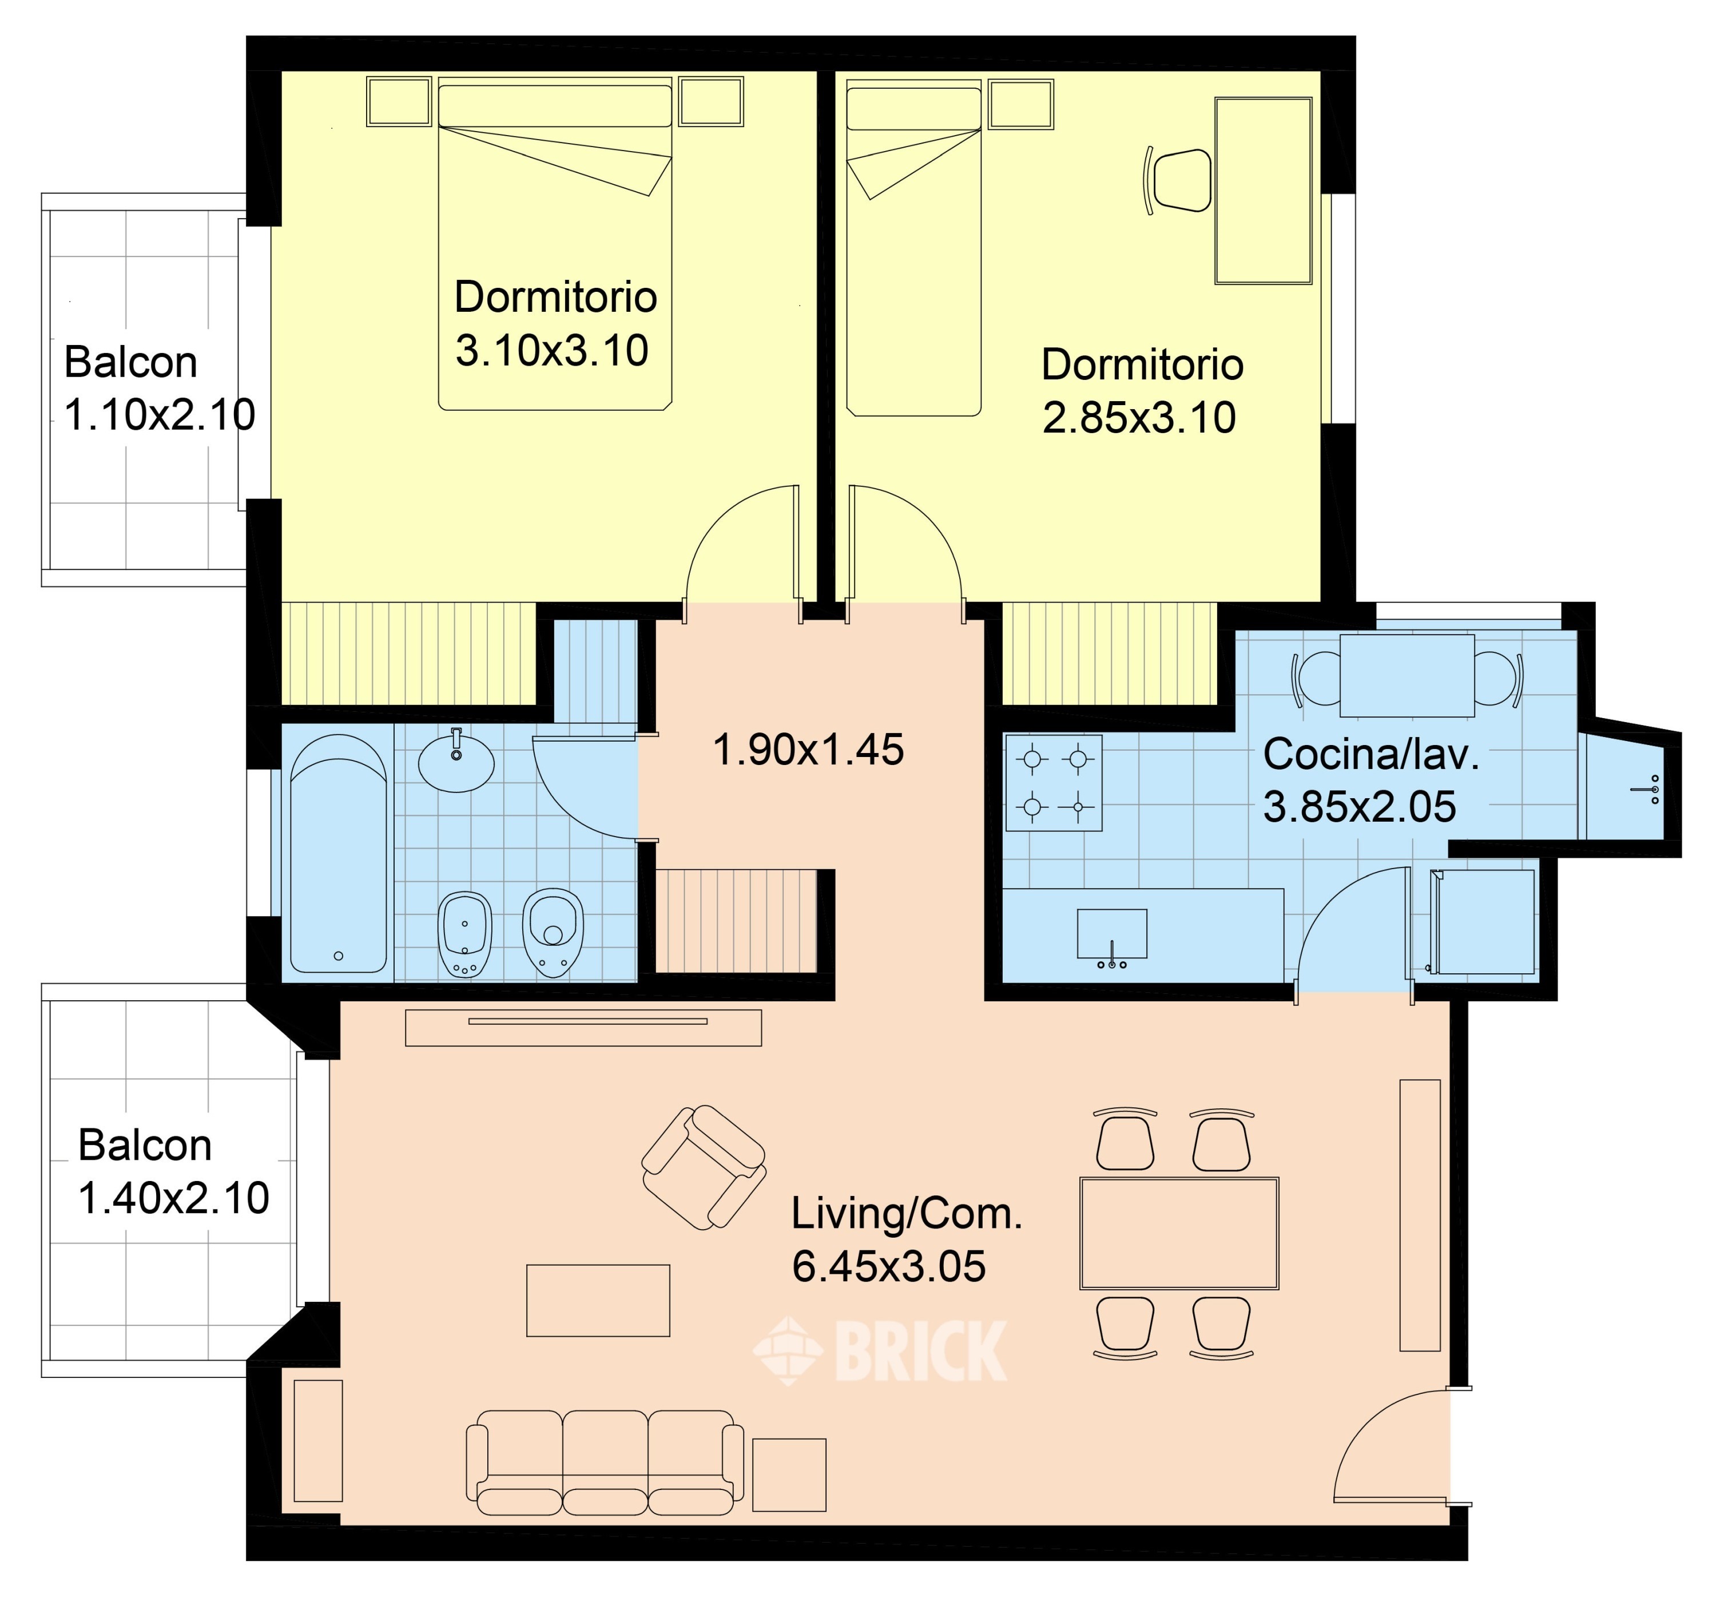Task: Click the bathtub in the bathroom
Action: click(x=339, y=855)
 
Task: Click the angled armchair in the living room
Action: click(x=704, y=1167)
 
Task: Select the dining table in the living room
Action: click(x=1179, y=1234)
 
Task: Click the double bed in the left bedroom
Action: click(x=555, y=244)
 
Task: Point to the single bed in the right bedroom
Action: click(x=913, y=248)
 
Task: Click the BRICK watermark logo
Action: click(x=880, y=1351)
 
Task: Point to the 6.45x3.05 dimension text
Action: click(x=888, y=1266)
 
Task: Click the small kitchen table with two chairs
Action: click(x=1407, y=675)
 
